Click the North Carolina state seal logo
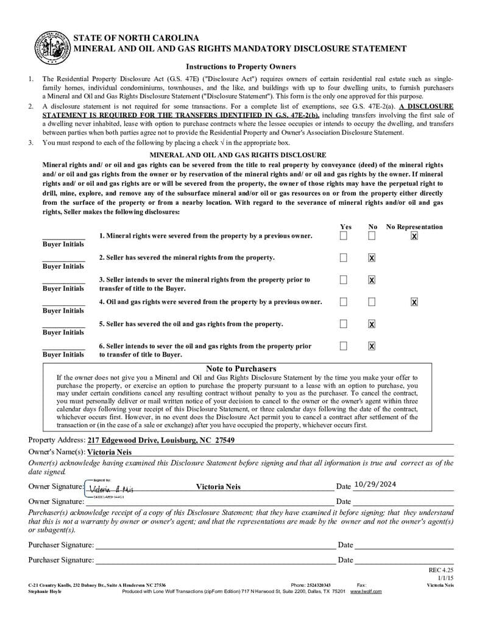[x=51, y=48]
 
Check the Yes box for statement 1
[x=344, y=235]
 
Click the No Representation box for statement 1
[x=414, y=236]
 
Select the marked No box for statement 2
[x=372, y=258]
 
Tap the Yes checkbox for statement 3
[x=344, y=280]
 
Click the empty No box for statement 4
[x=372, y=302]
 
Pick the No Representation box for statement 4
[x=414, y=302]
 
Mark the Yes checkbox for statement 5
[x=344, y=324]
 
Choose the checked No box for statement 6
[x=372, y=346]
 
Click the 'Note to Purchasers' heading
[x=241, y=369]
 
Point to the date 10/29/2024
[x=375, y=484]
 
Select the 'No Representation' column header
[x=414, y=227]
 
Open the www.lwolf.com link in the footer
[x=366, y=591]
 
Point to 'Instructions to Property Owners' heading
[x=241, y=66]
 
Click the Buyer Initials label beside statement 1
[x=63, y=244]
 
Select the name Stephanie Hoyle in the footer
[x=44, y=591]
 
